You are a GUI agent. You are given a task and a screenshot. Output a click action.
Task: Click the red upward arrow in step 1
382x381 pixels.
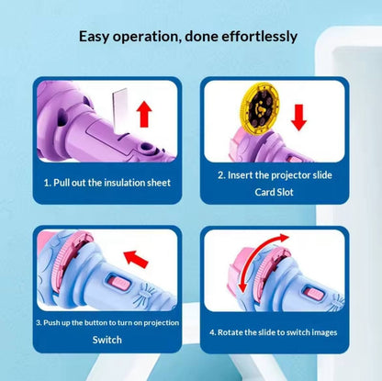click(x=144, y=114)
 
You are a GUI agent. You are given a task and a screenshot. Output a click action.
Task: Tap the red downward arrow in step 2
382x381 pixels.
click(x=298, y=118)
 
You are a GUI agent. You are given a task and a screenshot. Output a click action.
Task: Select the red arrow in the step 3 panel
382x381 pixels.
click(x=136, y=258)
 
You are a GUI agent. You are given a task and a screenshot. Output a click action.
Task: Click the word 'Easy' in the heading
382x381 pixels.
click(x=94, y=37)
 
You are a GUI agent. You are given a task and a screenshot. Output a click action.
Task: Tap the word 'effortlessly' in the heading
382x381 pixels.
click(x=259, y=37)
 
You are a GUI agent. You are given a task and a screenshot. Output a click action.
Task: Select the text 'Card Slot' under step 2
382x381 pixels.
click(x=274, y=192)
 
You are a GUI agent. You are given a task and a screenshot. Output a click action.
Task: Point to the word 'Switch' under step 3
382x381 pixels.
click(x=107, y=340)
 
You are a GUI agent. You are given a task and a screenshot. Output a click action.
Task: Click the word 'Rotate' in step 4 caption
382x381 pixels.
click(x=230, y=332)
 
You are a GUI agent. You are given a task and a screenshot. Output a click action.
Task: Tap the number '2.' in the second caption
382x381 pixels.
click(x=221, y=175)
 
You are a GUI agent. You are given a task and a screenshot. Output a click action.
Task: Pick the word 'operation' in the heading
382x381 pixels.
click(x=145, y=37)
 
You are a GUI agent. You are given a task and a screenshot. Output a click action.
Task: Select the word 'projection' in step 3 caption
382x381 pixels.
click(x=162, y=323)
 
